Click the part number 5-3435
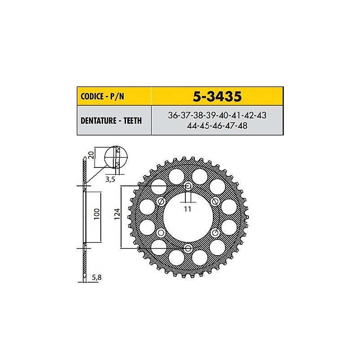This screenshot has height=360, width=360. pos(217,96)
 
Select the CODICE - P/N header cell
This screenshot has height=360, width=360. pos(114,96)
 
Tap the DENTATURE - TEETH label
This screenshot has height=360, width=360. pos(111,121)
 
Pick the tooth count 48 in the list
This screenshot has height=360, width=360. pos(243,126)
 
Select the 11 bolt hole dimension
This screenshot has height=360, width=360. pos(188,209)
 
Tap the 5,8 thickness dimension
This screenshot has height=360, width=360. pos(96,278)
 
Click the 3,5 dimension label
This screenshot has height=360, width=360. pos(110,179)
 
